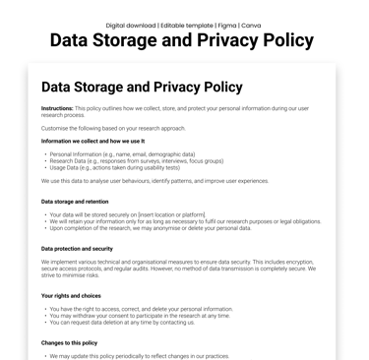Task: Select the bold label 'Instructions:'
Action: click(58, 108)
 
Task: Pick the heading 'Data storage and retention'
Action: click(75, 202)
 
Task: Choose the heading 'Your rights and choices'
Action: click(72, 296)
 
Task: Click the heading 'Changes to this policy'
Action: click(70, 342)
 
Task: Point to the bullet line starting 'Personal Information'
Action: click(122, 154)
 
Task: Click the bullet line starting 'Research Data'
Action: click(136, 161)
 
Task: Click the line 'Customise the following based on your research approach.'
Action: click(113, 128)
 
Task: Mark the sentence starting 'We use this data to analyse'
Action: click(154, 181)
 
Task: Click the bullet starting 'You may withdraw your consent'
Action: click(139, 316)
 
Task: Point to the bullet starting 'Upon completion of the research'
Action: click(150, 228)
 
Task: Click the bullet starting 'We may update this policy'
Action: click(139, 356)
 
